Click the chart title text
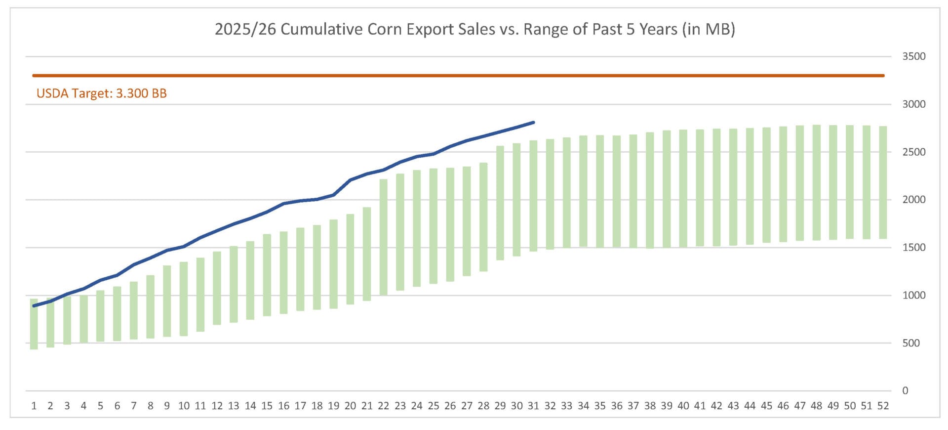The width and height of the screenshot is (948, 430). [474, 29]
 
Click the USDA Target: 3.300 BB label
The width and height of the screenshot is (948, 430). [102, 93]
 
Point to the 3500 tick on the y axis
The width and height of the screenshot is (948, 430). [913, 56]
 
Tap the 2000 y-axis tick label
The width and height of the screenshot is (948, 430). [913, 200]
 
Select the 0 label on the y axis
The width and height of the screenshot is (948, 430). [905, 391]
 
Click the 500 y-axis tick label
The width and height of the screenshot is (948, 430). [911, 343]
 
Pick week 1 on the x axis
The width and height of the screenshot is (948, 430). [34, 406]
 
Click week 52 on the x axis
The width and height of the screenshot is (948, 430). [883, 406]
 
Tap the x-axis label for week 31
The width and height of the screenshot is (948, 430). [533, 406]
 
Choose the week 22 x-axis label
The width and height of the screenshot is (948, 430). [383, 406]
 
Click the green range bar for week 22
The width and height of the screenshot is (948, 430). [383, 237]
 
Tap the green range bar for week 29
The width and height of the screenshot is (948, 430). [500, 203]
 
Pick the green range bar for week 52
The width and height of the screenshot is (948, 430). [883, 183]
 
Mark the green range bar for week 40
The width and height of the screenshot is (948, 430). [683, 188]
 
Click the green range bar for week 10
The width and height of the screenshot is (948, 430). [184, 299]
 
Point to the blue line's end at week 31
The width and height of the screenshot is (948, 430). [533, 123]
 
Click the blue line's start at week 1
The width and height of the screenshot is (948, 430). [34, 306]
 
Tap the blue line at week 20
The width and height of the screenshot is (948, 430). [350, 180]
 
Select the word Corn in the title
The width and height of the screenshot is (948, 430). [385, 29]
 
